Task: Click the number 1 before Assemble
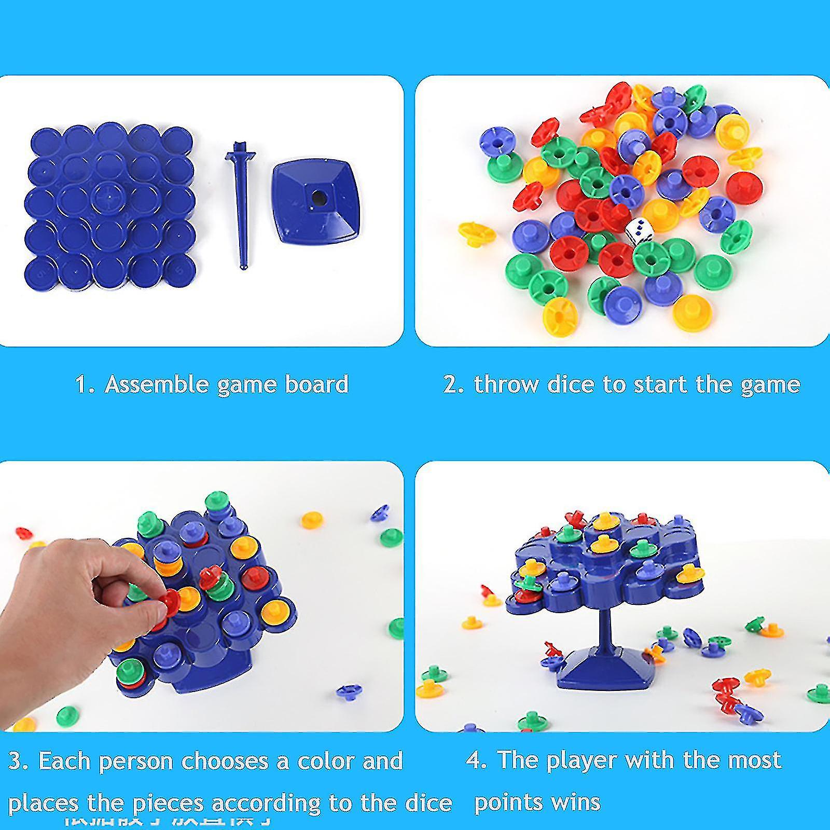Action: click(81, 384)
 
